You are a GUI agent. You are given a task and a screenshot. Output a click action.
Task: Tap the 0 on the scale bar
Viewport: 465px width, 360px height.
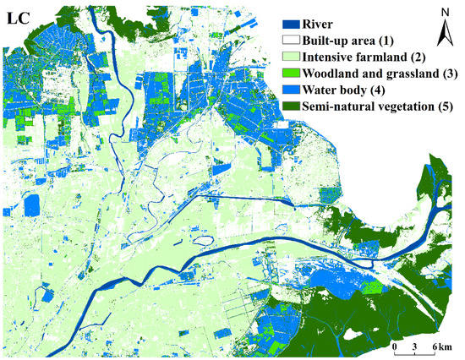click(395, 348)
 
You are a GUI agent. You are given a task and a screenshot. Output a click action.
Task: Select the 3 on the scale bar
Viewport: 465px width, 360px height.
click(415, 348)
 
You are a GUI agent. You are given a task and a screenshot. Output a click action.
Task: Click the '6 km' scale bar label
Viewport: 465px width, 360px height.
click(442, 348)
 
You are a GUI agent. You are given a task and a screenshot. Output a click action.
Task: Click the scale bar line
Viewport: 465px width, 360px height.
click(415, 338)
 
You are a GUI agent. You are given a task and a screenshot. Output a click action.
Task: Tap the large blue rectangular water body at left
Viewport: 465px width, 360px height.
click(33, 205)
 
